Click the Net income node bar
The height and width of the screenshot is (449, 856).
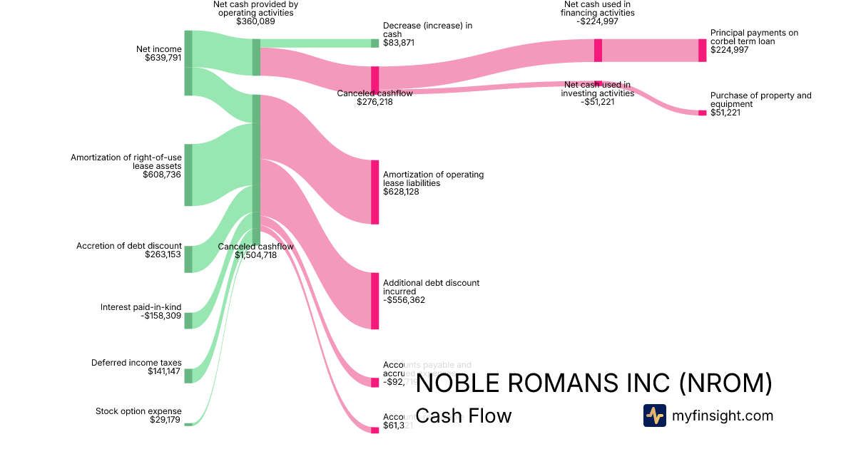[x=188, y=63]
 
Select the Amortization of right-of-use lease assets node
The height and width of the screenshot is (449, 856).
[x=188, y=175]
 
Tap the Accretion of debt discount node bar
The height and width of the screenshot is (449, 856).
[x=188, y=259]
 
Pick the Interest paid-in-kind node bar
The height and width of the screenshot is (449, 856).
[x=188, y=320]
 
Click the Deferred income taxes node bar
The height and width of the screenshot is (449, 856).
[x=188, y=376]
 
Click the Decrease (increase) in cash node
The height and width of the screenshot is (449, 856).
[x=374, y=43]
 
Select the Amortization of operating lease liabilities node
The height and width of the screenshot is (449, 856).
[x=374, y=192]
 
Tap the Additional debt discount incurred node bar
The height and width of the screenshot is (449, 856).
[x=374, y=300]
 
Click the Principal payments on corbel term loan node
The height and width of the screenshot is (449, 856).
[x=702, y=50]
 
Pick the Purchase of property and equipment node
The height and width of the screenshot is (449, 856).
[x=702, y=113]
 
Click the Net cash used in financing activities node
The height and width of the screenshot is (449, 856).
[x=598, y=50]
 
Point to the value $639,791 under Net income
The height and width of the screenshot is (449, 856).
[x=163, y=58]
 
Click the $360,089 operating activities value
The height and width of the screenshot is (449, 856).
[x=255, y=21]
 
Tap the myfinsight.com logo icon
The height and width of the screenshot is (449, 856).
[x=654, y=416]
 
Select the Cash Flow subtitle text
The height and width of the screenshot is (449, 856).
[x=463, y=416]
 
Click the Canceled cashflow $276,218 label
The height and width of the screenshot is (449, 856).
[x=374, y=98]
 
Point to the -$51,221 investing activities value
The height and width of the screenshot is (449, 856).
[x=597, y=102]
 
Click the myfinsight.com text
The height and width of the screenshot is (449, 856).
[x=723, y=416]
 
